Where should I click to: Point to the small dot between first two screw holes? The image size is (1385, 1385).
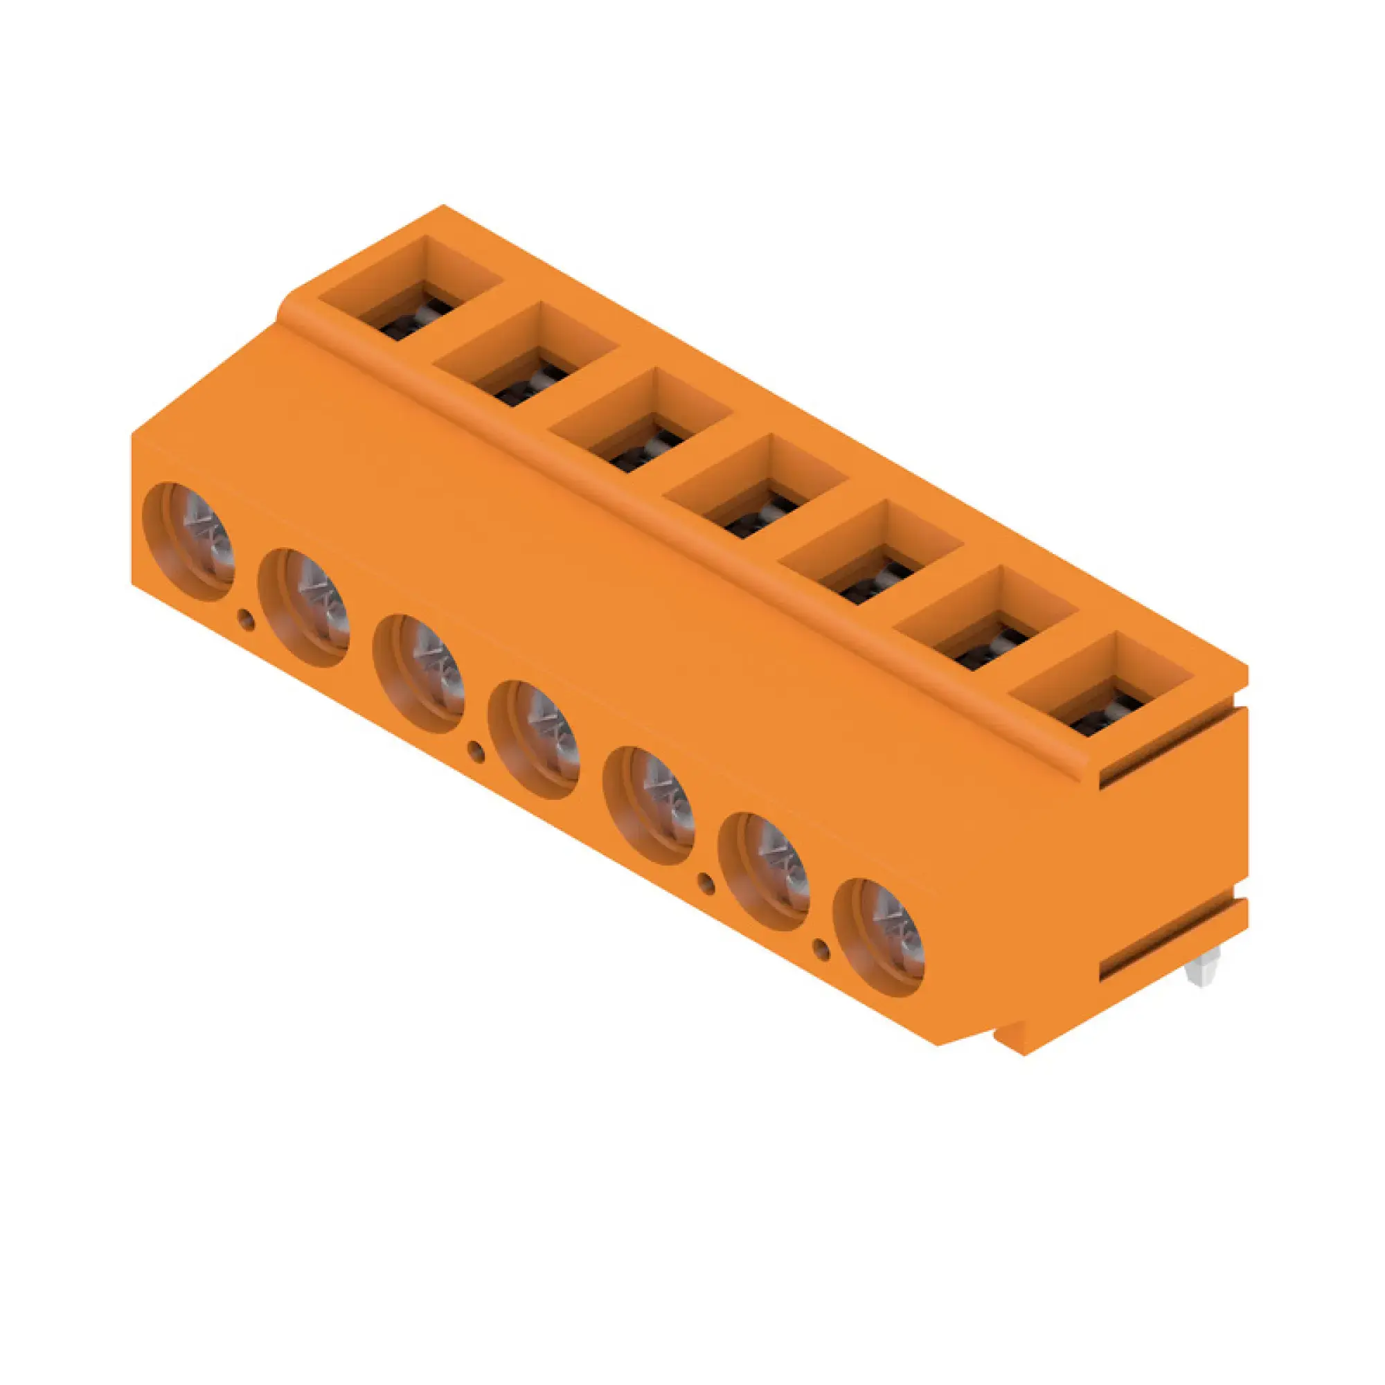click(246, 618)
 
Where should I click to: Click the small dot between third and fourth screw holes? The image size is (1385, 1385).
click(475, 750)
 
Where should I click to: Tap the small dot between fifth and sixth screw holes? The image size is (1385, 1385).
click(706, 882)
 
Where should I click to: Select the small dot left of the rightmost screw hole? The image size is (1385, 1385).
click(821, 949)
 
